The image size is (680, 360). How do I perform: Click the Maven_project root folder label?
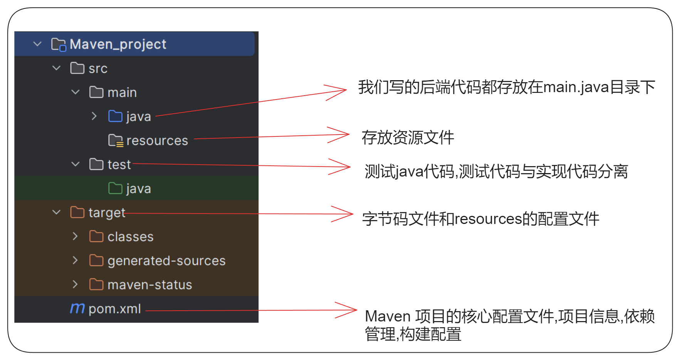pos(118,44)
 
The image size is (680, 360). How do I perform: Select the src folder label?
pos(98,69)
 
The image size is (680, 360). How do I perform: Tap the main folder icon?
pos(96,93)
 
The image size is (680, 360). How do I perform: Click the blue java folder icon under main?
pos(115,116)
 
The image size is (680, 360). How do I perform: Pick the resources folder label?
pos(157,141)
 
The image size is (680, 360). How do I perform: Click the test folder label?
pos(119,165)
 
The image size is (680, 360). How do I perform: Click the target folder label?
pos(107,213)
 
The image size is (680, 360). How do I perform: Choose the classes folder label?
pos(130,237)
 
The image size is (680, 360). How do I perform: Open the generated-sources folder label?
pos(166,261)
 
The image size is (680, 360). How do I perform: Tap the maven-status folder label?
pos(149,285)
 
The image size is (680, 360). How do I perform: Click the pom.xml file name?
pos(115,309)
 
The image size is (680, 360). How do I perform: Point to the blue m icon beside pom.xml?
pos(77,308)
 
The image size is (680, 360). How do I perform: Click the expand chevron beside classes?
pos(75,236)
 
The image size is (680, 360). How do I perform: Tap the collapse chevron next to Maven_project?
pos(37,44)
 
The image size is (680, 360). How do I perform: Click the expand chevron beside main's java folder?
pos(94,116)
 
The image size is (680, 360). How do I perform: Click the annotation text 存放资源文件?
pos(408,138)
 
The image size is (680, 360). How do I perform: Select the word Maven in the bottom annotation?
pos(388,316)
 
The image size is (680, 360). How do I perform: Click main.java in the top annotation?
pos(576,87)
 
